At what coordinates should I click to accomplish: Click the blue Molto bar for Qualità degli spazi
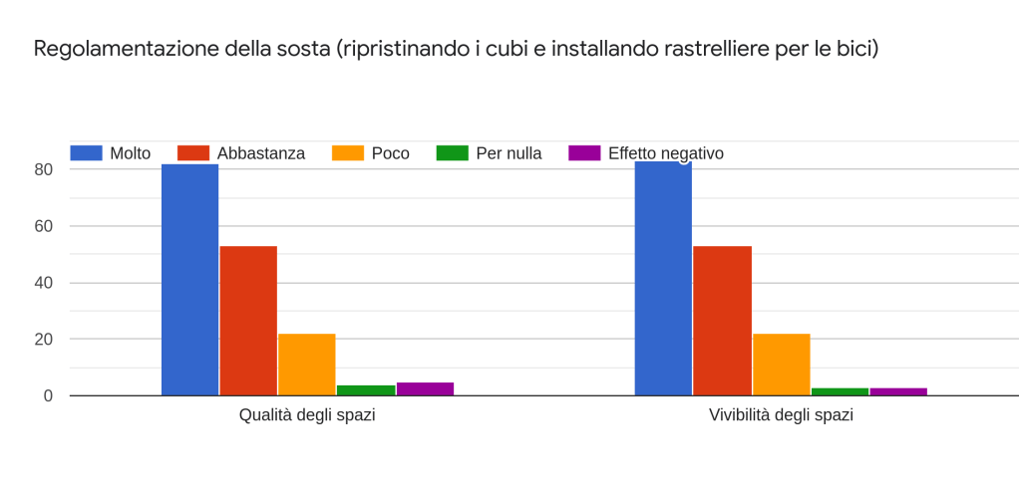click(189, 280)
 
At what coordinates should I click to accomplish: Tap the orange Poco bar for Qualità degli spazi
click(306, 365)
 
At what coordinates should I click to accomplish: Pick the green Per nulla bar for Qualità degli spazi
click(366, 390)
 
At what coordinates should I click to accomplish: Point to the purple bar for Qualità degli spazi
click(425, 389)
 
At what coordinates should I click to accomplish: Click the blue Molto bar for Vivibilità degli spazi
click(663, 279)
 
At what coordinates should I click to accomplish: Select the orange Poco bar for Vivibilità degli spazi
click(781, 365)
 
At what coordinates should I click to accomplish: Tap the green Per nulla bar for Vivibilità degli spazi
click(840, 391)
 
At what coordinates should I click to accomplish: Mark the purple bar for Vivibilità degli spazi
click(898, 391)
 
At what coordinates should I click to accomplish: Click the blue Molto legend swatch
click(86, 153)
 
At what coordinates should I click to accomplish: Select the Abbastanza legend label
click(260, 153)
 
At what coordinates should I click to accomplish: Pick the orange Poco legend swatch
click(348, 153)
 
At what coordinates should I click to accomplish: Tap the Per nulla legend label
click(509, 153)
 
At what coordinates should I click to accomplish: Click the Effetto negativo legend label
click(665, 153)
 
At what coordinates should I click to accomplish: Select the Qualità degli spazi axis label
click(307, 415)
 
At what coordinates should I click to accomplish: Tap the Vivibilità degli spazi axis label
click(781, 415)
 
